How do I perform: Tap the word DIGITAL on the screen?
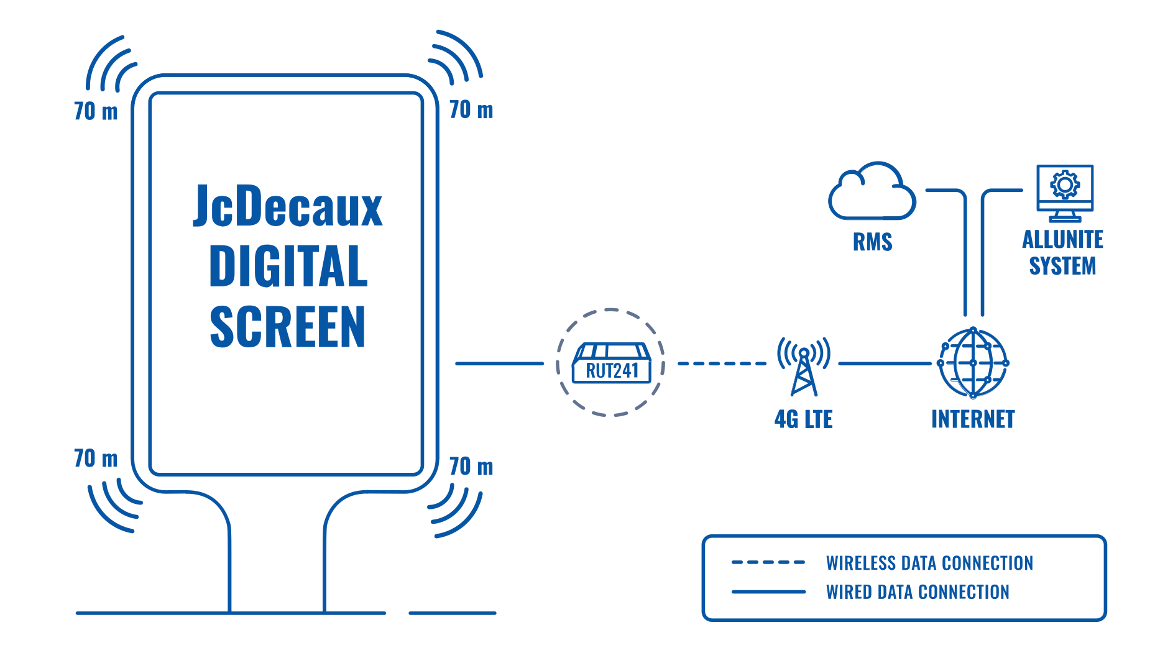pyautogui.click(x=288, y=267)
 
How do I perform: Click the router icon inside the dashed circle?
pyautogui.click(x=610, y=363)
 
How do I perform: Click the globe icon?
pyautogui.click(x=972, y=363)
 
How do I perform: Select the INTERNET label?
pyautogui.click(x=973, y=420)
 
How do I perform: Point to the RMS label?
pyautogui.click(x=873, y=242)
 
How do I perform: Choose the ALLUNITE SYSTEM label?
pyautogui.click(x=1062, y=253)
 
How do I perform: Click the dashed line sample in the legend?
pyautogui.click(x=768, y=563)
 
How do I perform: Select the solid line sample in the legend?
pyautogui.click(x=770, y=592)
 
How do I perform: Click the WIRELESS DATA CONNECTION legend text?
pyautogui.click(x=929, y=563)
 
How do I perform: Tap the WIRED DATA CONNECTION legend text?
pyautogui.click(x=917, y=592)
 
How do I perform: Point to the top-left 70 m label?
pyautogui.click(x=96, y=113)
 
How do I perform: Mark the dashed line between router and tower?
pyautogui.click(x=722, y=363)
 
